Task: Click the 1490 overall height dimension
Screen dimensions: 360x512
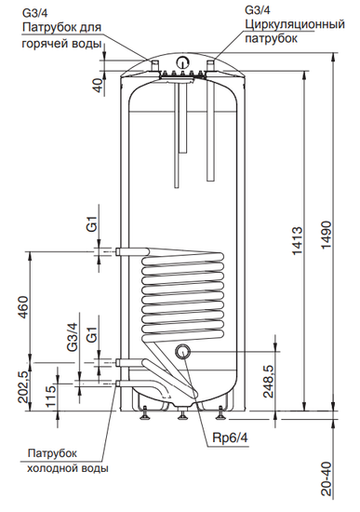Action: pyautogui.click(x=327, y=235)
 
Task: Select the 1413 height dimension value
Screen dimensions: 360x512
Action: pyautogui.click(x=297, y=241)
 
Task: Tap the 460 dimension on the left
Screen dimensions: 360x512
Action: pyautogui.click(x=24, y=307)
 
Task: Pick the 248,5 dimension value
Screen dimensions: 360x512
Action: pyautogui.click(x=269, y=381)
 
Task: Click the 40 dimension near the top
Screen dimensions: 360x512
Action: pyautogui.click(x=99, y=86)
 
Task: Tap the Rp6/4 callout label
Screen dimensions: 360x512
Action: pyautogui.click(x=231, y=438)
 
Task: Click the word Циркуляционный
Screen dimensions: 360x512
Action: pyautogui.click(x=295, y=24)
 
